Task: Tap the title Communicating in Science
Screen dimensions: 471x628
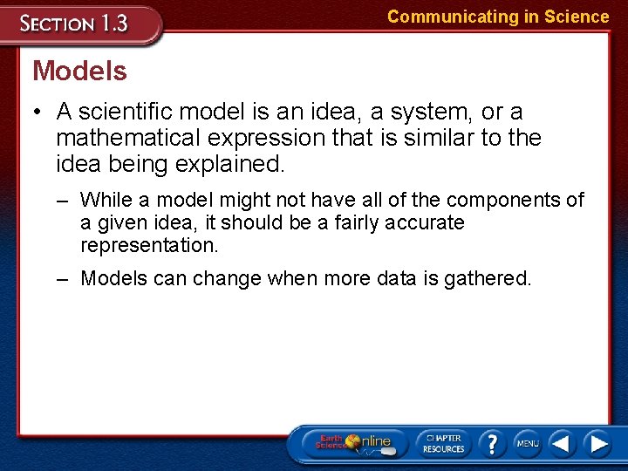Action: [498, 17]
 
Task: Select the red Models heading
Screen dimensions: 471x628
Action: [79, 72]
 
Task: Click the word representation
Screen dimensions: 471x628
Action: [149, 245]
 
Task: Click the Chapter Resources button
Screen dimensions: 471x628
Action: [444, 443]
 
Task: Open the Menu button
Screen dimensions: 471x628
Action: [528, 443]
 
